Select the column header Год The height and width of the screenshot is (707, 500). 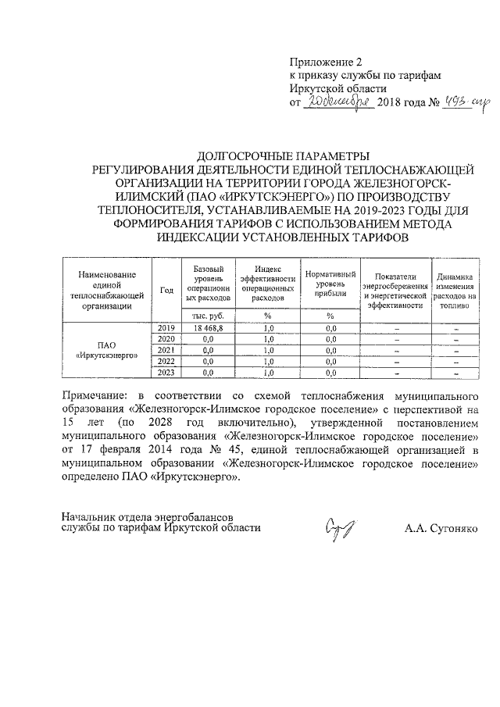[166, 290]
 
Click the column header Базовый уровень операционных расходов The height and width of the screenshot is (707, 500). [208, 284]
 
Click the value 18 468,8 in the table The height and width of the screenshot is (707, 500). [208, 328]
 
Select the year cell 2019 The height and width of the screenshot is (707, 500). [166, 328]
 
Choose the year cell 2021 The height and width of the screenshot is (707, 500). [166, 350]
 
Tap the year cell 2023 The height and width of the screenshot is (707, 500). [166, 373]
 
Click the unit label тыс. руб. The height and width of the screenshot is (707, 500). [208, 316]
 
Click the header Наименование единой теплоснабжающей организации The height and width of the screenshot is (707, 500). [106, 290]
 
